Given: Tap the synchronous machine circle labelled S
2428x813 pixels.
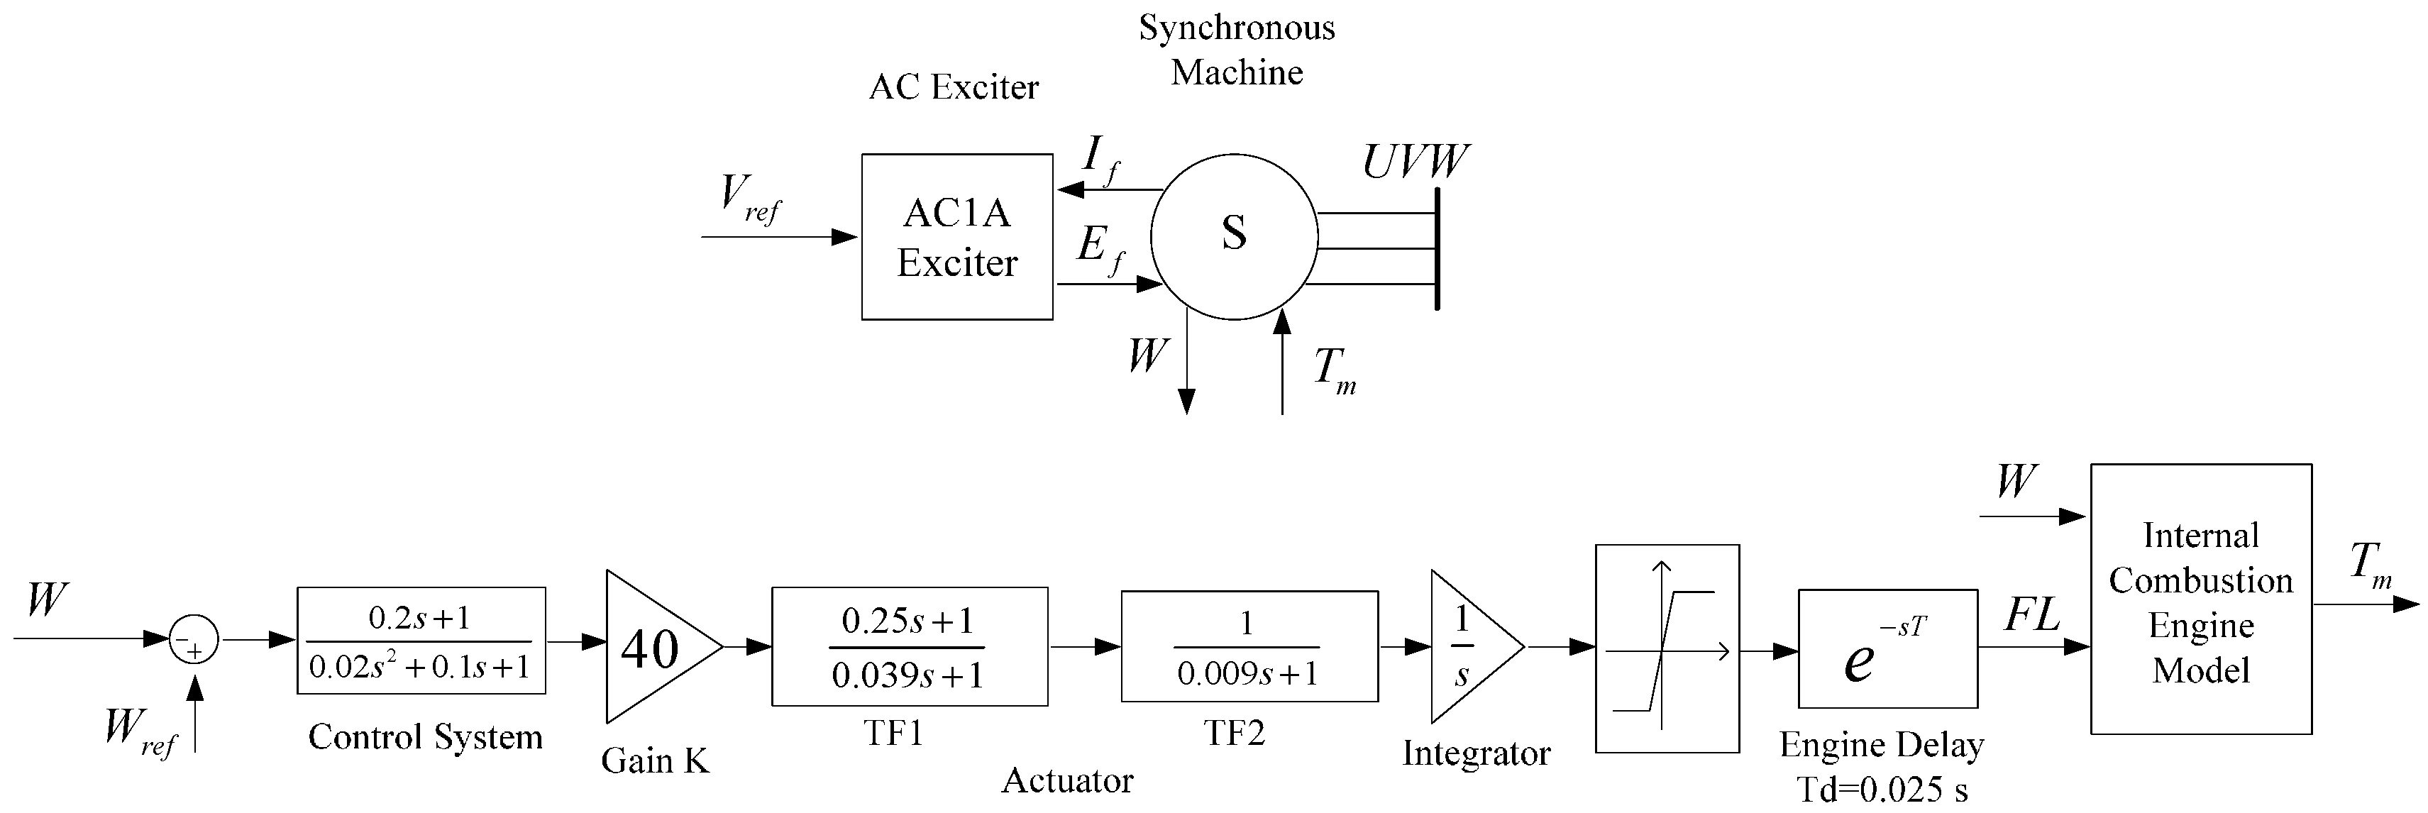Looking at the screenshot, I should pos(1234,236).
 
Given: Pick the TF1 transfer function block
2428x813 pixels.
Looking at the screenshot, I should pos(909,646).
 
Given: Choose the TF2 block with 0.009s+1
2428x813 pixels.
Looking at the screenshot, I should pos(1249,646).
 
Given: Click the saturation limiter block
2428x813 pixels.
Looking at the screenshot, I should pos(1667,648).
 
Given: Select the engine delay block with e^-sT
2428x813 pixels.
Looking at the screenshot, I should pos(1887,648).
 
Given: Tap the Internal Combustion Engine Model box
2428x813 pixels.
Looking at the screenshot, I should pos(2201,599).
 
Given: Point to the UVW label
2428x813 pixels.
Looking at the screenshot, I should pos(1415,161).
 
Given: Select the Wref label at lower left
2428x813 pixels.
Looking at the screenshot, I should pos(138,731).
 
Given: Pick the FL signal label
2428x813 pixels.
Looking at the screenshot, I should pos(2031,616).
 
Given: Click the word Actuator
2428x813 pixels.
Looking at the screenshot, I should pos(1067,780).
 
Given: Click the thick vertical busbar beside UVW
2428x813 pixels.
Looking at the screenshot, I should pos(1438,249).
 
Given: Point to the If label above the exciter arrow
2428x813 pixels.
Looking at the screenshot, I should pos(1100,157).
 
